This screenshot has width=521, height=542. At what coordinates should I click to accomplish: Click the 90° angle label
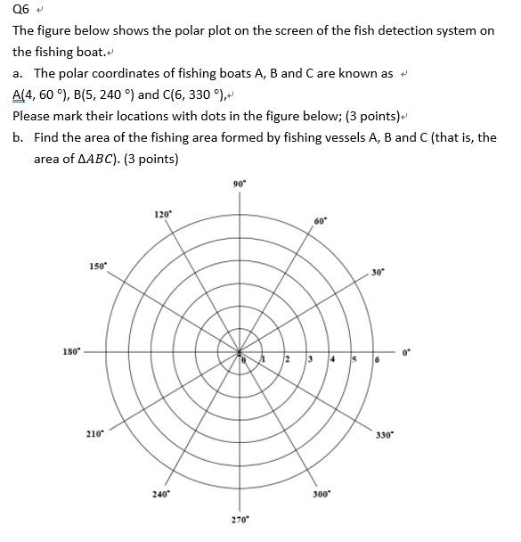click(x=238, y=184)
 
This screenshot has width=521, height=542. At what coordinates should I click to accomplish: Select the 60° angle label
click(x=320, y=220)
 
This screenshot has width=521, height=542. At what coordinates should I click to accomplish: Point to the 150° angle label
click(x=97, y=267)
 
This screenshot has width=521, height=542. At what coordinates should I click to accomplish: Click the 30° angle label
click(x=378, y=273)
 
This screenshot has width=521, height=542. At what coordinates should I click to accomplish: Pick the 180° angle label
click(x=70, y=350)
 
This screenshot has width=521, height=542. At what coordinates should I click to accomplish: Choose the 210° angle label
click(x=94, y=433)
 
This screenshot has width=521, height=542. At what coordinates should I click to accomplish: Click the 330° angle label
click(x=384, y=435)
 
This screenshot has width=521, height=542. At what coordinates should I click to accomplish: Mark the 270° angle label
click(x=240, y=518)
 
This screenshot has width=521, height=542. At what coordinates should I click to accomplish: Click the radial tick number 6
click(x=377, y=359)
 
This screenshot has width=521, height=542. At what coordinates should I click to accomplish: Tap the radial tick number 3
click(x=309, y=359)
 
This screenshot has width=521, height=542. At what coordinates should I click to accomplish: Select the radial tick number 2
click(x=287, y=359)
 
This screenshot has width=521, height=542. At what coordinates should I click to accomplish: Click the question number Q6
click(x=20, y=10)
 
